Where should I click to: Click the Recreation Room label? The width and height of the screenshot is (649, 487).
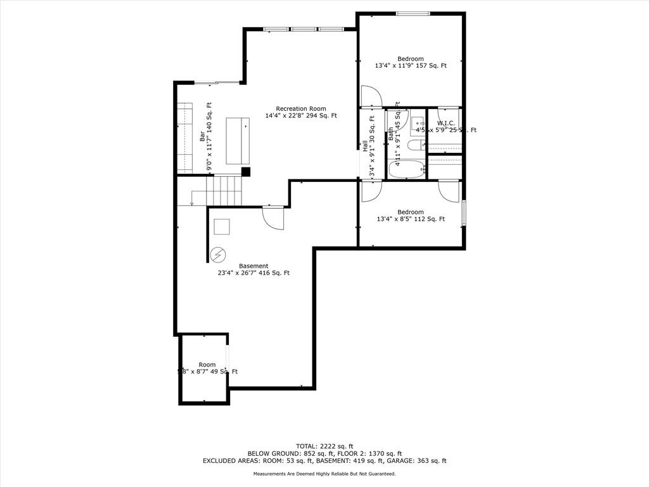300,108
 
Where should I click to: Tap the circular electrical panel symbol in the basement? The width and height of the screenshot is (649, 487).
218,254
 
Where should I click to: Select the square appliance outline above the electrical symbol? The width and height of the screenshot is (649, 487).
222,227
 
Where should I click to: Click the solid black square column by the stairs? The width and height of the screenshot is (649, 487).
246,171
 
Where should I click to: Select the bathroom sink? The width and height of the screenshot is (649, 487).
418,123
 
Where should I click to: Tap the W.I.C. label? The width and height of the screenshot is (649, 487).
446,123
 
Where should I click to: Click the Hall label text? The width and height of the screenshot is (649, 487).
366,146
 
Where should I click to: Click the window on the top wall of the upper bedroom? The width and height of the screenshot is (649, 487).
413,14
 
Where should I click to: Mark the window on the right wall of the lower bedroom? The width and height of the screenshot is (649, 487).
464,212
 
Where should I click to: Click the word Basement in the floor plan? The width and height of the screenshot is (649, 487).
254,266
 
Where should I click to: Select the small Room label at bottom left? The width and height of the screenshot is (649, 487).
207,365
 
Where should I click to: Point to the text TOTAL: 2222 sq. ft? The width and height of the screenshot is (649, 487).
324,446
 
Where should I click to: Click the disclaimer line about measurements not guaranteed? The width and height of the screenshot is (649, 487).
324,474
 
